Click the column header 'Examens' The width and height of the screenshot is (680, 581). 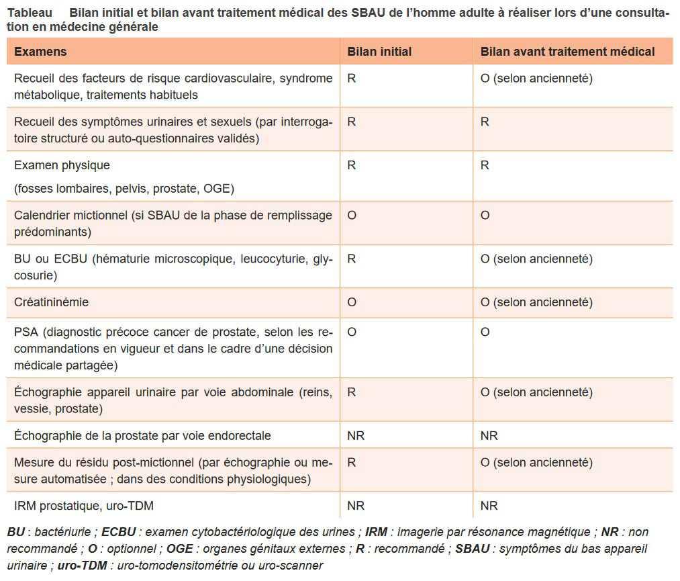coord(40,52)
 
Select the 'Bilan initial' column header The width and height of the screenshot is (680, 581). coord(379,52)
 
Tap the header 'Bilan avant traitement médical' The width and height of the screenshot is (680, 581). coord(567,52)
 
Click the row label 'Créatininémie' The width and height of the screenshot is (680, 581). coord(51,302)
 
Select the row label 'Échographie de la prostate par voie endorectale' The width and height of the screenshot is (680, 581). coord(142,436)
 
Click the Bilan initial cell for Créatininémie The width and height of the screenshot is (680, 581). coord(352,302)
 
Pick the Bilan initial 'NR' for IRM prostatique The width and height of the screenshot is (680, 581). coord(356,506)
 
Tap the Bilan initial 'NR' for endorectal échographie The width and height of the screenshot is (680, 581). coord(356,436)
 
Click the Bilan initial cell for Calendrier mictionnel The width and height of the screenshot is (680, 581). coord(352,216)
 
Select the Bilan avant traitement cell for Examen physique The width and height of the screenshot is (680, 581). coord(485,165)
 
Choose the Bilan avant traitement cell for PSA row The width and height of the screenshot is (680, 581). coord(485,332)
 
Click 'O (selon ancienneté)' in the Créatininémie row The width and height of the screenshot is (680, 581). coord(536,302)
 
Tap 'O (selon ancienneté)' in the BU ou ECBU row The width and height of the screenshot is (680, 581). coord(536,259)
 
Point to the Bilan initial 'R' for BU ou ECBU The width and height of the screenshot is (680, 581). coord(351,259)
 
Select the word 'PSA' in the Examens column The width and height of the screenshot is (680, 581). coord(25,332)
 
